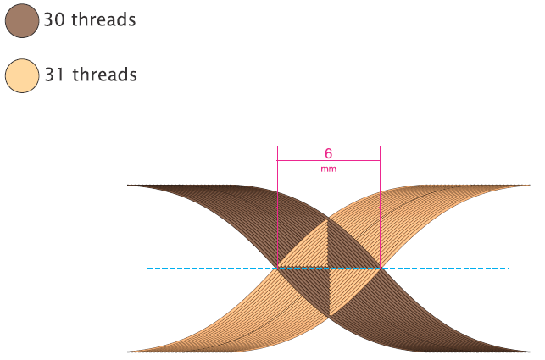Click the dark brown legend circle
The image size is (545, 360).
point(21,20)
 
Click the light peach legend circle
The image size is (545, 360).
point(21,75)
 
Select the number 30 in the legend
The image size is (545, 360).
point(54,20)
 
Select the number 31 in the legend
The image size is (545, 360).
point(54,75)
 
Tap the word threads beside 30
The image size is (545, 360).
point(103,20)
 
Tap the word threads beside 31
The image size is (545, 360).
point(104,75)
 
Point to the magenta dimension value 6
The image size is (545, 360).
point(328,154)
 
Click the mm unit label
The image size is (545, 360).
point(328,169)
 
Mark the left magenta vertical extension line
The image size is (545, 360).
point(277,203)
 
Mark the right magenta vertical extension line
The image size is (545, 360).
point(380,203)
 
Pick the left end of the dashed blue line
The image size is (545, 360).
point(149,268)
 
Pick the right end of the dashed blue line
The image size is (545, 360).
point(508,268)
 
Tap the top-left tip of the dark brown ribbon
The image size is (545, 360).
point(129,185)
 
